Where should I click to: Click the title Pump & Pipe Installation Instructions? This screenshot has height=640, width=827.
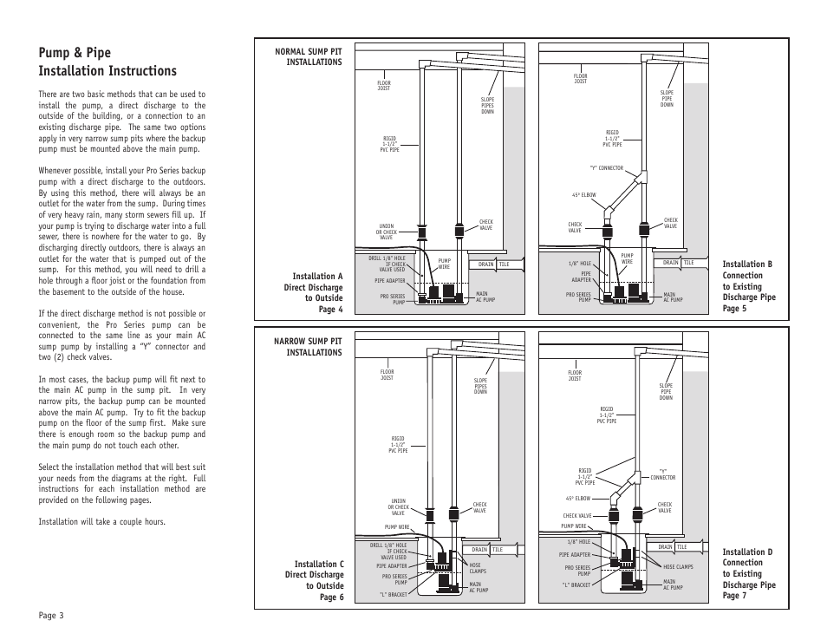[107, 62]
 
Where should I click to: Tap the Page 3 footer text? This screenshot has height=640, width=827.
[51, 615]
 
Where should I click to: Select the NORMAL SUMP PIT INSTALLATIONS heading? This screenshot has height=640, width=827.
[308, 57]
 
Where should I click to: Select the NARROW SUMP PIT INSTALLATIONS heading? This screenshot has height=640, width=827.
[308, 347]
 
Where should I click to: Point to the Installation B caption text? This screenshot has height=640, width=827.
[748, 286]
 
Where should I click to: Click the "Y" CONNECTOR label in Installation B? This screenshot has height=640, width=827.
[606, 168]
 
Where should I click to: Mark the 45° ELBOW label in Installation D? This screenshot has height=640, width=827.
[578, 499]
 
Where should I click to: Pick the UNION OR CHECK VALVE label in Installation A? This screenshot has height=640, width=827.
[386, 232]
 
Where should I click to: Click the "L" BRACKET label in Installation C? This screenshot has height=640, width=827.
[393, 595]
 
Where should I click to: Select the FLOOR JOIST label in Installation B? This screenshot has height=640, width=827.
[580, 79]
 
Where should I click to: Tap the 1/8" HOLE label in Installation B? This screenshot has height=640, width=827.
[579, 264]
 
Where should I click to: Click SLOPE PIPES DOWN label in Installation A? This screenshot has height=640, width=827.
[487, 106]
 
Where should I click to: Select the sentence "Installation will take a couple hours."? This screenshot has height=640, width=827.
[101, 521]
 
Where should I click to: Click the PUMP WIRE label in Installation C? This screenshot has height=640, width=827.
[396, 527]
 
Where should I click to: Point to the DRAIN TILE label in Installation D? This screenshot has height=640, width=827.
[673, 547]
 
